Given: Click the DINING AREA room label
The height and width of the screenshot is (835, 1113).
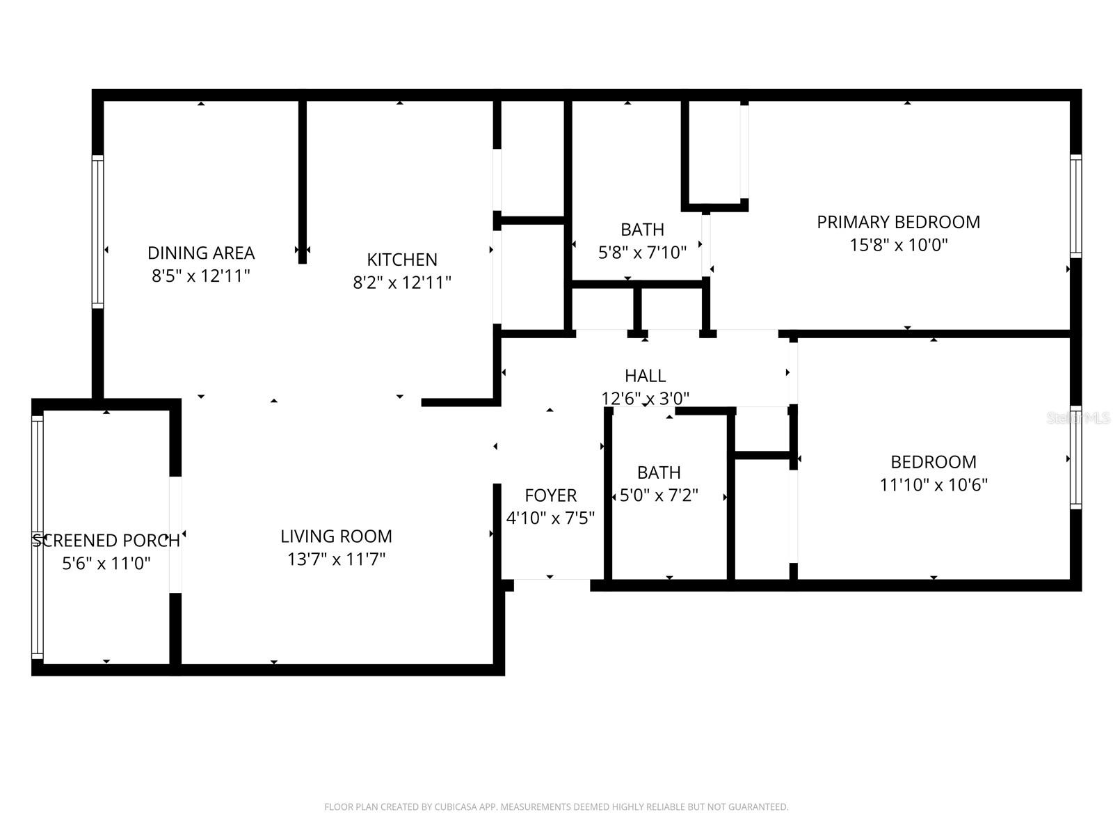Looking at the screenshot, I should [x=201, y=253].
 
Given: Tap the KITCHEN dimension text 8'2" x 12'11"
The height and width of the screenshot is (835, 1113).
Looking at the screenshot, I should [x=402, y=283].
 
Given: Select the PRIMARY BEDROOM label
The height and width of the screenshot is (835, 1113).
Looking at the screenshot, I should [x=898, y=222].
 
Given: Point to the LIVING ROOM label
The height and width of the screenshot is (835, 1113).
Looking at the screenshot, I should [x=336, y=536].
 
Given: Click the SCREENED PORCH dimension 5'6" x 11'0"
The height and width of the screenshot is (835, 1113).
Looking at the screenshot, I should [x=106, y=563].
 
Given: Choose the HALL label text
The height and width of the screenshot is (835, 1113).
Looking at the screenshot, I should [x=645, y=376].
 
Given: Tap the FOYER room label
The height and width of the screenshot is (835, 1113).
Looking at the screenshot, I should [x=550, y=495].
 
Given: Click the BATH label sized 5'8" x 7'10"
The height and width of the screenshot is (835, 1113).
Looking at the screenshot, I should [x=642, y=230].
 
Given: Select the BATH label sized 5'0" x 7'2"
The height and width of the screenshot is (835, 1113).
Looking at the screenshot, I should [x=658, y=472].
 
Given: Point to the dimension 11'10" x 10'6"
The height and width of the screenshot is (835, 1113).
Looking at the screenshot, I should [x=934, y=485].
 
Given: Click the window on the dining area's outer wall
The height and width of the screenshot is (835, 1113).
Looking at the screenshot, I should [x=98, y=232].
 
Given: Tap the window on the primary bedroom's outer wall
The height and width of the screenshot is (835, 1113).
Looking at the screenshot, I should [x=1075, y=207].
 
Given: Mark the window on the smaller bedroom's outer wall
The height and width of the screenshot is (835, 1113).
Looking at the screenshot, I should [x=1075, y=457].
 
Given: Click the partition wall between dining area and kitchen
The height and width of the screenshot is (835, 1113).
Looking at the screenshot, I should [x=303, y=181].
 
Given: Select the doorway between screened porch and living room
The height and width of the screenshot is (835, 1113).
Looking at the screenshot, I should [x=175, y=534].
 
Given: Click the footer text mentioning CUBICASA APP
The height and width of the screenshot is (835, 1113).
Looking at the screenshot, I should [x=556, y=807].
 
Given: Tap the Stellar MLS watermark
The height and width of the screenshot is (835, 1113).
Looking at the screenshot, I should [x=1078, y=418].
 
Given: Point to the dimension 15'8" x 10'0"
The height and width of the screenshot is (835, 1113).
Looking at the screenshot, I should [x=898, y=245].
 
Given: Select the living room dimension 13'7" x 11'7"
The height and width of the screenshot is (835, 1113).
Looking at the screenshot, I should [x=336, y=559].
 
